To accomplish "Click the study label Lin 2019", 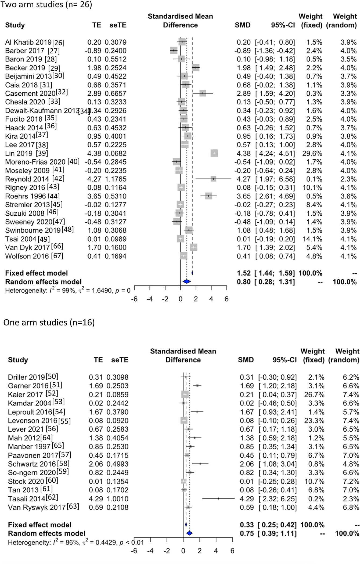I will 19,153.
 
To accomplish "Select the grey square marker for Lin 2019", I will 214,153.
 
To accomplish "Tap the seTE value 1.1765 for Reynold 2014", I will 116,179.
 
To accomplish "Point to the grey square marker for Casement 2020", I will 203,93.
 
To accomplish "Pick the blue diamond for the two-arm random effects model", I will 186,281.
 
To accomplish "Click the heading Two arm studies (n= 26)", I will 46,5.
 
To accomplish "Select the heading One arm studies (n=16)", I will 49,322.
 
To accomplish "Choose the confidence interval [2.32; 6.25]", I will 278,499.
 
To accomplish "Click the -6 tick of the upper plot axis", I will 134,299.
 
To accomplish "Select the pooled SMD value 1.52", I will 244,273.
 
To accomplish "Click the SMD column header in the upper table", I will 243,25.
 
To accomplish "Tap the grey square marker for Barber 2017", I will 174,50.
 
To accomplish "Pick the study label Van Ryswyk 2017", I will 37,507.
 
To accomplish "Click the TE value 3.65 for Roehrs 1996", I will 94,196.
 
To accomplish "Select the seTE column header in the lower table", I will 120,360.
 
